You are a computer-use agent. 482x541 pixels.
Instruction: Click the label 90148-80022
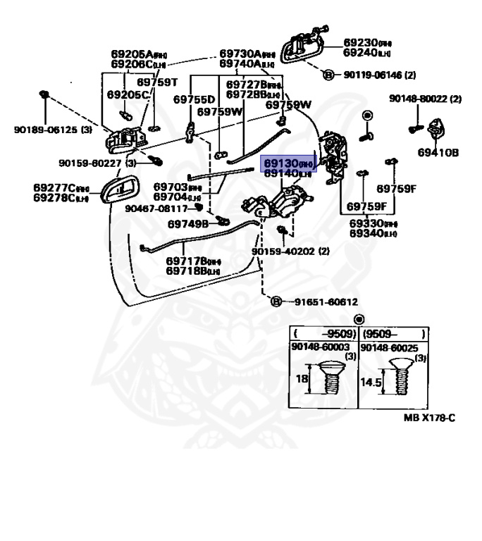click(x=425, y=99)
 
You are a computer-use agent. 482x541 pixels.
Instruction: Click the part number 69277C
click(x=61, y=187)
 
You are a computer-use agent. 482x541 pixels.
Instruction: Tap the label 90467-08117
click(x=156, y=209)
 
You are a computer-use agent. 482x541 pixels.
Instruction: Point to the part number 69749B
click(x=188, y=224)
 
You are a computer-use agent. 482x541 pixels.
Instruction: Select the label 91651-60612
click(x=320, y=301)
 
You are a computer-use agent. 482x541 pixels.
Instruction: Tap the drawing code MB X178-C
click(x=429, y=418)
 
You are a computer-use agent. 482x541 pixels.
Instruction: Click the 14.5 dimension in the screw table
click(x=370, y=383)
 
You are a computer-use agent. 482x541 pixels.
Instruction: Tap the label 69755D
click(x=192, y=100)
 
